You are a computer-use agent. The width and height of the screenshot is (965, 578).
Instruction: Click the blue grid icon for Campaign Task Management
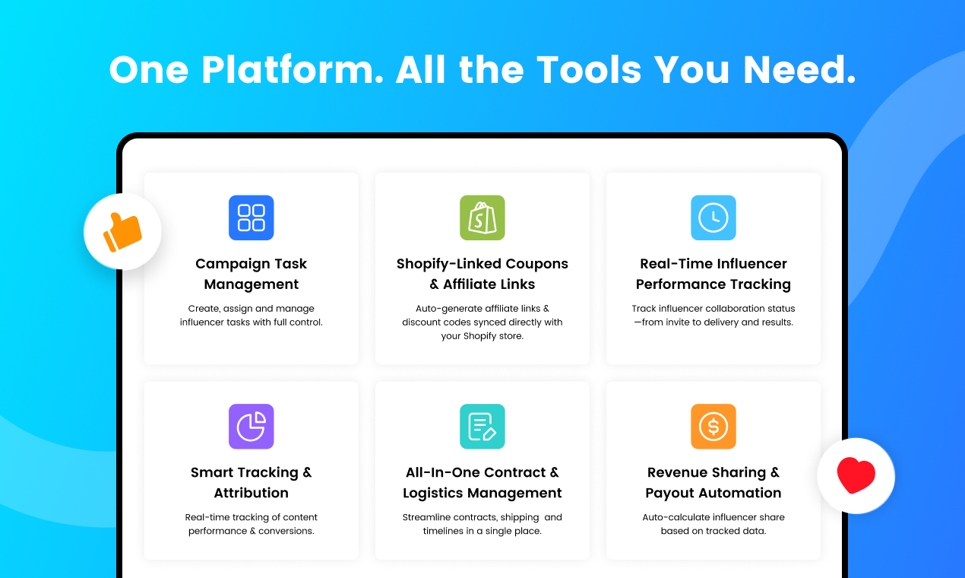point(251,218)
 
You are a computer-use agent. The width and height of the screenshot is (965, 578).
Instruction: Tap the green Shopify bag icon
point(482,218)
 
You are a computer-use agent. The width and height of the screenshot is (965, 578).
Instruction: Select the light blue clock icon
point(713,218)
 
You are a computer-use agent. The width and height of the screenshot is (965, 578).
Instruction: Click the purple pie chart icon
point(251,426)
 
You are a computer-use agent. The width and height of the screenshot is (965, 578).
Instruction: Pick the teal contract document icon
point(482,426)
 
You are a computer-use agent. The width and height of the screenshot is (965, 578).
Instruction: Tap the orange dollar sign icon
point(713,426)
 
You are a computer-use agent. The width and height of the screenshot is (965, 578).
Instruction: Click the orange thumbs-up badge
point(122,231)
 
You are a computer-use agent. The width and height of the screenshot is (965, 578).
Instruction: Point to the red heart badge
point(856,476)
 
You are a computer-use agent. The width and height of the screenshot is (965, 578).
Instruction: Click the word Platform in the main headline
point(291,71)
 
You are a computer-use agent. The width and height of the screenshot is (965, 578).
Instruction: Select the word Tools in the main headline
point(590,71)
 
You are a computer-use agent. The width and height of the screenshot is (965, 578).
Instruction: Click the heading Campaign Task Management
point(251,274)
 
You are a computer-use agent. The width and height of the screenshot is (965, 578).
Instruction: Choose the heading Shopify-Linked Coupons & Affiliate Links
point(482,274)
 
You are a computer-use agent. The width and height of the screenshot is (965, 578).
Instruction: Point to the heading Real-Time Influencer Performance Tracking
point(713,274)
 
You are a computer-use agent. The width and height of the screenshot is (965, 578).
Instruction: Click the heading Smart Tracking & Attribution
point(251,482)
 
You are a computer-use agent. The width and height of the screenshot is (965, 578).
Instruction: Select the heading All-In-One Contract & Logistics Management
point(482,482)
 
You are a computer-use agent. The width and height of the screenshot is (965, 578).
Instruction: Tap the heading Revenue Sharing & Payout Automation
point(713,482)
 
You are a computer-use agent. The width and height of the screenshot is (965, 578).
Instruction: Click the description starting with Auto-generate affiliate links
point(482,322)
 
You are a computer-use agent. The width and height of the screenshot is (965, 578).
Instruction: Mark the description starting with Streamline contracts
point(482,524)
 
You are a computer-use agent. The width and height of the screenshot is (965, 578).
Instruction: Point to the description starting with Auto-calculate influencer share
point(713,524)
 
